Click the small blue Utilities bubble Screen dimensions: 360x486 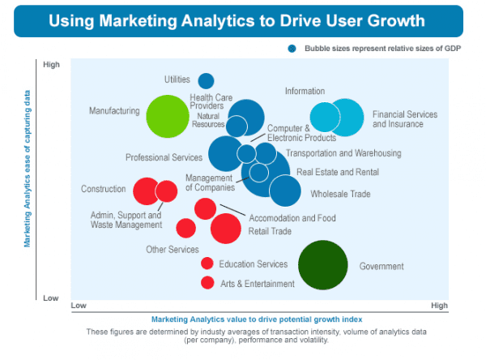pyautogui.click(x=206, y=80)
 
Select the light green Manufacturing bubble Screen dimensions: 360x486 pyautogui.click(x=167, y=116)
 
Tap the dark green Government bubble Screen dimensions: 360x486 pyautogui.click(x=322, y=265)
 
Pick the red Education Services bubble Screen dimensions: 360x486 pyautogui.click(x=207, y=264)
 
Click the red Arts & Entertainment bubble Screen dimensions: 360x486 pyautogui.click(x=207, y=283)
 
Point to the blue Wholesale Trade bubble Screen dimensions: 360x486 pyautogui.click(x=285, y=191)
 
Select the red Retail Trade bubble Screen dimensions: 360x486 pyautogui.click(x=226, y=228)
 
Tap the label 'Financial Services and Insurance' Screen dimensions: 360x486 pyautogui.click(x=404, y=119)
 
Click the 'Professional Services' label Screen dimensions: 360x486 pyautogui.click(x=164, y=157)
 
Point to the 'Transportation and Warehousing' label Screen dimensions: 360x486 pyautogui.click(x=343, y=153)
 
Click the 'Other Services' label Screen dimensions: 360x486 pyautogui.click(x=172, y=250)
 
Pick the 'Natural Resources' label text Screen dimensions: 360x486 pyautogui.click(x=208, y=120)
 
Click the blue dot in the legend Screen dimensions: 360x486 pyautogui.click(x=292, y=48)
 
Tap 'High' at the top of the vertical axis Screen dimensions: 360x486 pyautogui.click(x=51, y=65)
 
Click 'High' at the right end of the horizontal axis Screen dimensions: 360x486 pyautogui.click(x=439, y=306)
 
